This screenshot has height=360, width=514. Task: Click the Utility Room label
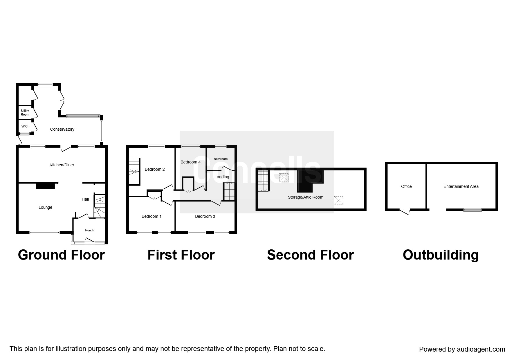point(25,113)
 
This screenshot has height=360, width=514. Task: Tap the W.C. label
point(25,127)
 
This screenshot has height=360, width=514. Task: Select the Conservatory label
point(62,129)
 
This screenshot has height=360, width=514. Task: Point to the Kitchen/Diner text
point(62,165)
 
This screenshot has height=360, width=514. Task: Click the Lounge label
point(45,207)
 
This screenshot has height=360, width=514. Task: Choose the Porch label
point(89,230)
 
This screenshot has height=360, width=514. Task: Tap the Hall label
point(85,199)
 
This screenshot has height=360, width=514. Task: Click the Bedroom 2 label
point(155,169)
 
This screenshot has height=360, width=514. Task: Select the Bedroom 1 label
point(152,216)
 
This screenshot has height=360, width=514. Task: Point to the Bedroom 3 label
point(205,216)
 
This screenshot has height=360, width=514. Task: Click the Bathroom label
point(221,159)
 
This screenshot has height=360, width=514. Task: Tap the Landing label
point(222,177)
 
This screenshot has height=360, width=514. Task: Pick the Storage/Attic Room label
point(305,197)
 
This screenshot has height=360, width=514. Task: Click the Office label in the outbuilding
point(406,186)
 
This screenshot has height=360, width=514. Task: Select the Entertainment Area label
point(461,186)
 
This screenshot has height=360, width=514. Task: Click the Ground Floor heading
point(61,255)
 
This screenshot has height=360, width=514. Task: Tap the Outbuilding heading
point(441,255)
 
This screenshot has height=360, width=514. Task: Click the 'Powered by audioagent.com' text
point(462,349)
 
